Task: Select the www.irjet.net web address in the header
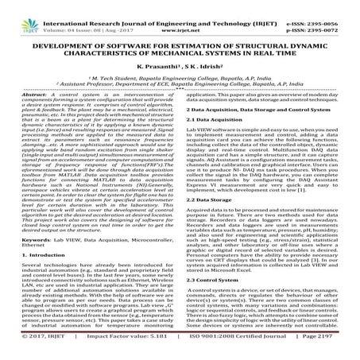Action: coord(180,13)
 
